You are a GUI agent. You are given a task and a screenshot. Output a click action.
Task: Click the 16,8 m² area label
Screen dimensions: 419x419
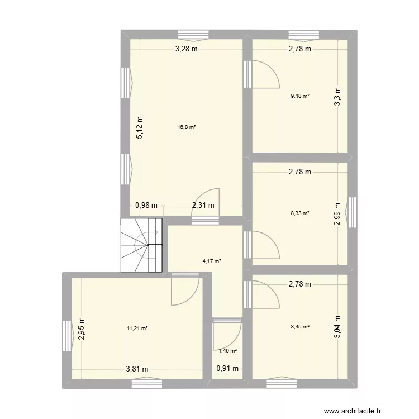[187, 127]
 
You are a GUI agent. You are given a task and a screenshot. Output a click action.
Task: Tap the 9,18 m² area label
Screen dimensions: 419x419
[300, 96]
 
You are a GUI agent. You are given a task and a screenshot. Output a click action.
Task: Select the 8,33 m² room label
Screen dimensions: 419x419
[300, 213]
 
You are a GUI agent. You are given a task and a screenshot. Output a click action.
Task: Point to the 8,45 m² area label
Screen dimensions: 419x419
[300, 328]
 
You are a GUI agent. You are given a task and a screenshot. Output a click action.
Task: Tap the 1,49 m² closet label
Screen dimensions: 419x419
[227, 351]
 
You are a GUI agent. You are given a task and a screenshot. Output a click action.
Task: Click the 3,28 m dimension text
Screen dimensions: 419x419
[187, 49]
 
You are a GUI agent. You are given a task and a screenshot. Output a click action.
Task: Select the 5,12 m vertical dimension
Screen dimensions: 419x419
[140, 127]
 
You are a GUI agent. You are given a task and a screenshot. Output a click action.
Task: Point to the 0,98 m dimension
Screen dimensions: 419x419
[146, 205]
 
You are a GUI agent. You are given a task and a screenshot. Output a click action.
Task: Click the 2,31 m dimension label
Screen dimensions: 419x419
[203, 205]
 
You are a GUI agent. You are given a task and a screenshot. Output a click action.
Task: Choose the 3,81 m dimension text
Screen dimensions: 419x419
[137, 369]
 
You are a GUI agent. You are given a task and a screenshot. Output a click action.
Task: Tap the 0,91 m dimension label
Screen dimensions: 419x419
[227, 369]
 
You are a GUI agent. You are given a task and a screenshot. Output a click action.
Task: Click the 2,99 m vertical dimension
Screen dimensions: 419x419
[337, 213]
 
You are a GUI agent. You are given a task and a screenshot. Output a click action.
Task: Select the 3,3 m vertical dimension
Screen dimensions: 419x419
[337, 96]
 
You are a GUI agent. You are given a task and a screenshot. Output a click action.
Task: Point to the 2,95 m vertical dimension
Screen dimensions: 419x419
[82, 328]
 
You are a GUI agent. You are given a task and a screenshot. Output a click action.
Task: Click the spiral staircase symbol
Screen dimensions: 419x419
[141, 245]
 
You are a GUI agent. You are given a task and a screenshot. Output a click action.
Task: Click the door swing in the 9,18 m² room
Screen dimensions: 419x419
[265, 74]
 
